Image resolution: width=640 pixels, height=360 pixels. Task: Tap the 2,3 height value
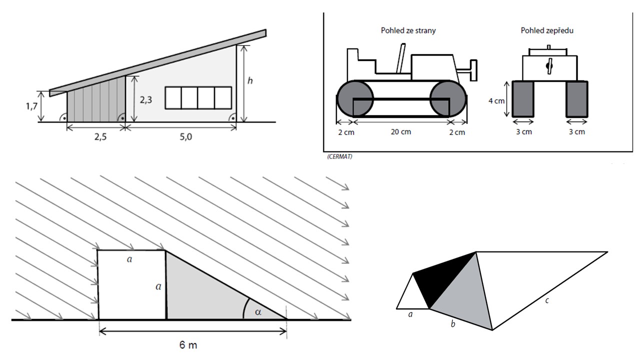[145, 100]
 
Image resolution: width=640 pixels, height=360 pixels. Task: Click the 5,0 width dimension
[180, 137]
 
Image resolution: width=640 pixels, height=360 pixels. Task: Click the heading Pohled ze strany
[408, 30]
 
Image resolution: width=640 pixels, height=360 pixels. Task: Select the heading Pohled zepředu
[547, 30]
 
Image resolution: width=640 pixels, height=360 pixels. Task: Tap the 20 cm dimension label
[401, 132]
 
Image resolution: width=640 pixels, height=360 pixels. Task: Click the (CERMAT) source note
[339, 157]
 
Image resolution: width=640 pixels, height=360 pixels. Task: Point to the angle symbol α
[258, 312]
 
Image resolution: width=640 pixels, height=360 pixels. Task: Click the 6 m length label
[192, 345]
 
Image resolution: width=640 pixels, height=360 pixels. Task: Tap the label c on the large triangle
[548, 300]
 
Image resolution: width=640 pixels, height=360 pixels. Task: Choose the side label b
[453, 325]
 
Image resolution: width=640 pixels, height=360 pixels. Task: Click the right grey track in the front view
[576, 99]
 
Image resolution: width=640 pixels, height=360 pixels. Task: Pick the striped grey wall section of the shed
[96, 100]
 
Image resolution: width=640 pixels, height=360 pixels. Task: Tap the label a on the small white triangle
[410, 315]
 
